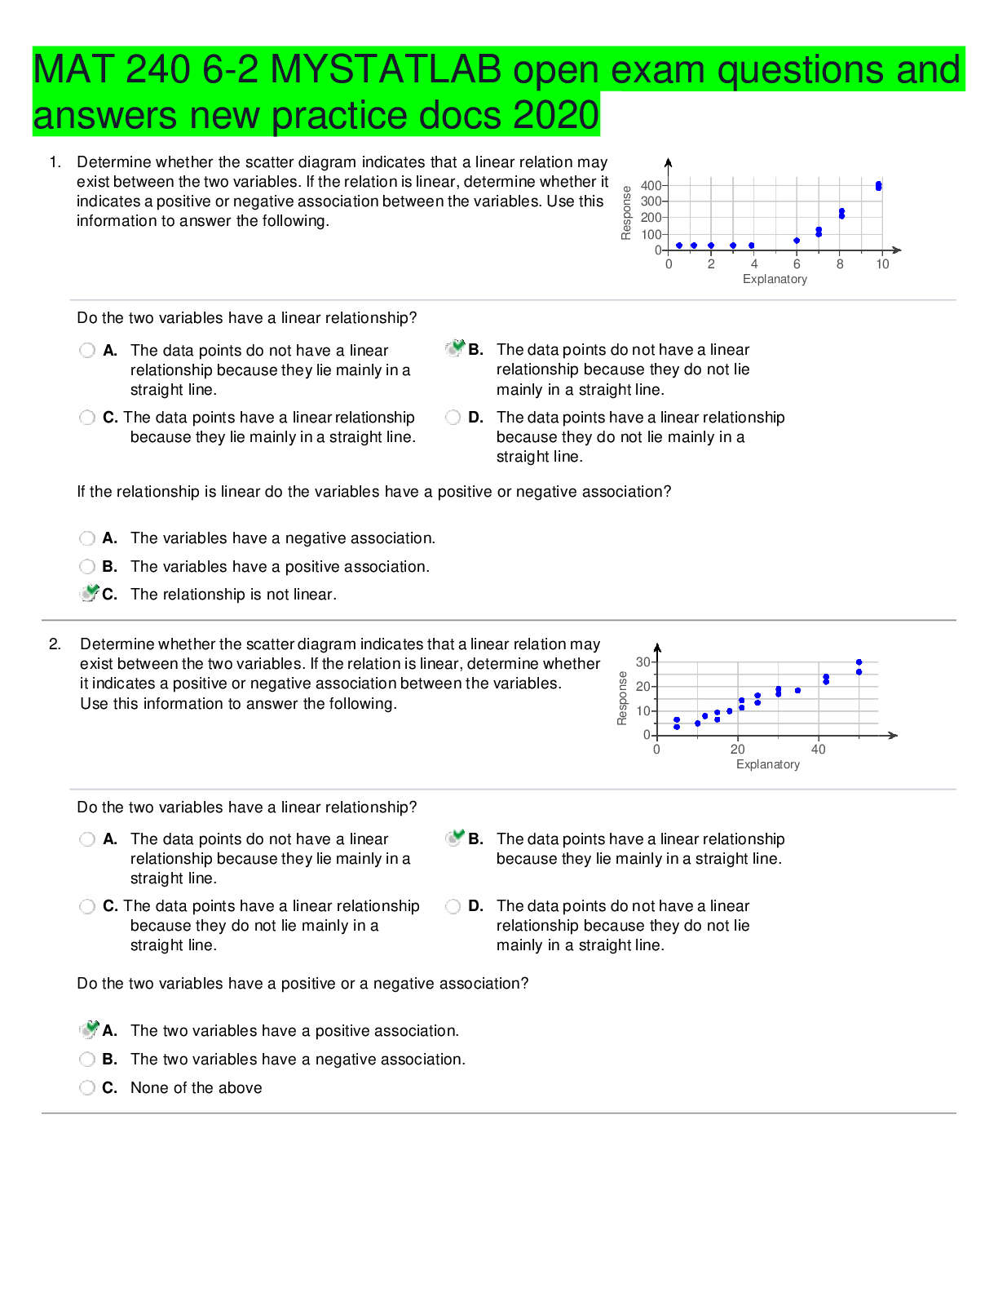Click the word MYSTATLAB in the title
click(x=386, y=69)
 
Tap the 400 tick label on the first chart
click(x=651, y=186)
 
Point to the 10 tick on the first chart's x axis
click(x=882, y=264)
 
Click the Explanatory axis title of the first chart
click(x=775, y=279)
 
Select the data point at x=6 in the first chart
click(x=797, y=241)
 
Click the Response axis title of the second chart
click(x=622, y=698)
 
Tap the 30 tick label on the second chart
click(x=643, y=661)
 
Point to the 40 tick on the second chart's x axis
click(x=818, y=750)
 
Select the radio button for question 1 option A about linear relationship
click(x=87, y=351)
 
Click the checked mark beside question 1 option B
click(x=455, y=348)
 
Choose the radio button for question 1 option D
click(x=453, y=418)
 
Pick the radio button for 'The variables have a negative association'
click(x=87, y=538)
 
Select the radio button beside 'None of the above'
click(x=87, y=1087)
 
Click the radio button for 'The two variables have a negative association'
click(x=87, y=1059)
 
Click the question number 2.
click(x=55, y=644)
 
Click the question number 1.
click(x=55, y=162)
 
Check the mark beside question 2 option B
click(x=455, y=838)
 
